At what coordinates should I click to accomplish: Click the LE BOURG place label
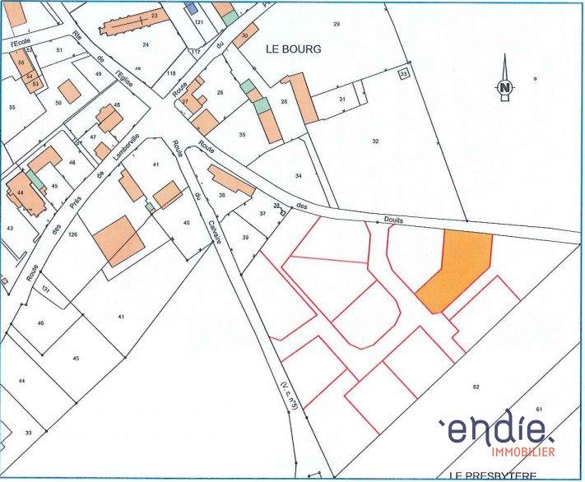294,49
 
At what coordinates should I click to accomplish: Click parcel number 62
476,387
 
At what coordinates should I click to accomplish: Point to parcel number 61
540,410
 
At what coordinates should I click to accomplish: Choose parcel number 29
336,24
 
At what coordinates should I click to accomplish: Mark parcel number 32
375,141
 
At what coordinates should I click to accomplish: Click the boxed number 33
403,74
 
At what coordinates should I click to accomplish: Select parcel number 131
46,290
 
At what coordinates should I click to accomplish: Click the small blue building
192,8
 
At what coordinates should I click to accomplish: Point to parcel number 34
299,176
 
